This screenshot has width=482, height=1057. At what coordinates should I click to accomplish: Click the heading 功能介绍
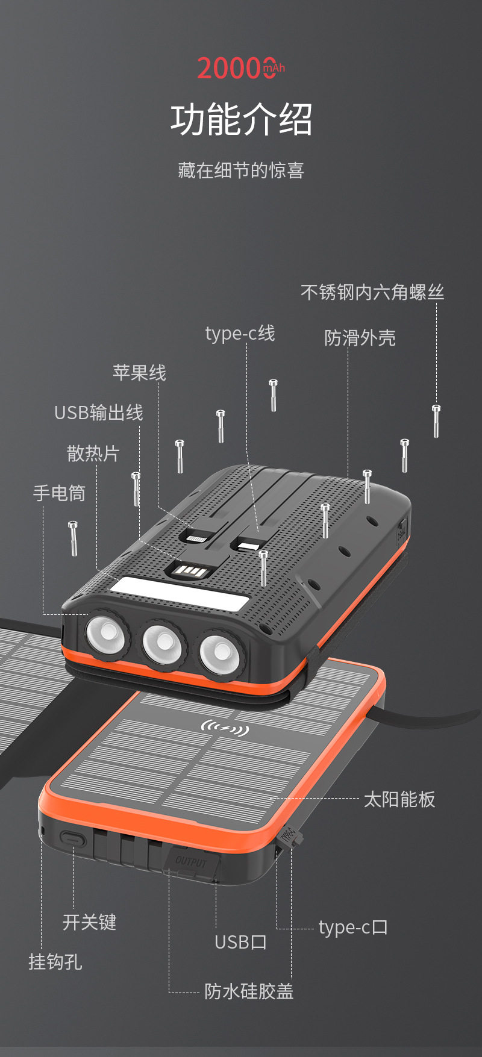coord(241,119)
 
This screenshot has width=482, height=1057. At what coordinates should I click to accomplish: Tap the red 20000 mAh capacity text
coord(240,68)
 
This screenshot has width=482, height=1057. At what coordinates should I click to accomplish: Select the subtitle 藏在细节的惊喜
coord(241,170)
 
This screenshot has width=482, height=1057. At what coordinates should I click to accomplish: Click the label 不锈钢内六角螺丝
coord(372,293)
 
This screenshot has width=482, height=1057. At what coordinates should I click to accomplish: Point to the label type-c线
coord(240,333)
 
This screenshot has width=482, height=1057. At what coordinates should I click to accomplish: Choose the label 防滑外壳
coord(360,338)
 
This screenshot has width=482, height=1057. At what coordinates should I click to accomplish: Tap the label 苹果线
coord(139,373)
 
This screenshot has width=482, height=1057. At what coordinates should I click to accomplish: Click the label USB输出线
coord(99,413)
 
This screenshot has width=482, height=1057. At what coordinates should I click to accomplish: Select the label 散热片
coord(93,454)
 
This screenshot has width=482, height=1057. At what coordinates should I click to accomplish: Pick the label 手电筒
coord(59,493)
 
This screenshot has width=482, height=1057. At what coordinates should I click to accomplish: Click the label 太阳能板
coord(399,799)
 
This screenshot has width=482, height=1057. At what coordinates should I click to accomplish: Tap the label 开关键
coord(89,922)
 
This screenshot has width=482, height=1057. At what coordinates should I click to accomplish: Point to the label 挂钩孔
coord(55,962)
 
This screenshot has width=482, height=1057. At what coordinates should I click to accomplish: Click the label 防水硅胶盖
coord(249,991)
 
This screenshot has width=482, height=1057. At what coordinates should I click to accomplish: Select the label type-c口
coord(353,928)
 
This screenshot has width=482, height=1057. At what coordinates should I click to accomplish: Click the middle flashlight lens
coord(162,642)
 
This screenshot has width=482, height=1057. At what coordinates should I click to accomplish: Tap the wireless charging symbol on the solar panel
coord(224,729)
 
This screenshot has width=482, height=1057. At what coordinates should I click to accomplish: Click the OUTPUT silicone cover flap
coord(192,863)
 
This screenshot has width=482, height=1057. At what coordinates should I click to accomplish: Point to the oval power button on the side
coord(72,838)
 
